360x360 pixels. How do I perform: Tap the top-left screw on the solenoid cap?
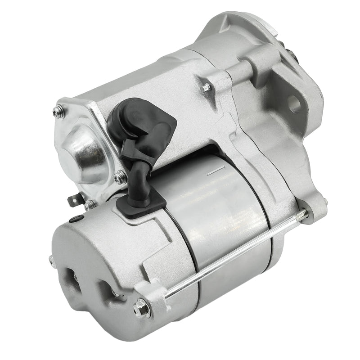58,111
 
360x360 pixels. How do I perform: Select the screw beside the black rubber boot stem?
120,178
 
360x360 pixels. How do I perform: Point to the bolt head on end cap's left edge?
52,261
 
